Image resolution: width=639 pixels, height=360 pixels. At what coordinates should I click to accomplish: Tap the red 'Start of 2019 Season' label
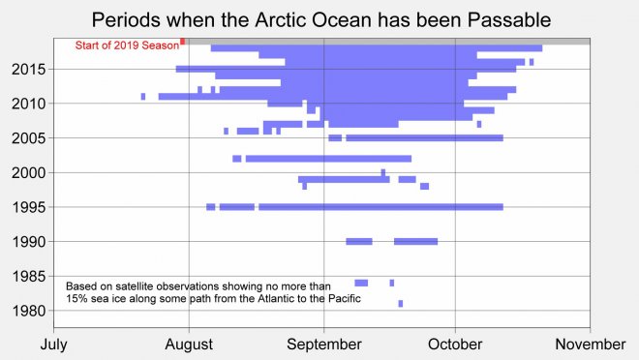(x=127, y=45)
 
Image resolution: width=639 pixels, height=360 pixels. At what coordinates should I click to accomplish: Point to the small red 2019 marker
(x=182, y=41)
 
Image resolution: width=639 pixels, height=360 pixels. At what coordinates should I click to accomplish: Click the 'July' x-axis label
(x=53, y=344)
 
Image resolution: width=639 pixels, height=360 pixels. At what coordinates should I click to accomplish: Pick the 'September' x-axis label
(x=323, y=344)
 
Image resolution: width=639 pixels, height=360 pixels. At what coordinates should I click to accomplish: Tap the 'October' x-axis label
(x=454, y=344)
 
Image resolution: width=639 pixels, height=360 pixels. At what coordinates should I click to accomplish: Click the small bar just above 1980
(x=400, y=304)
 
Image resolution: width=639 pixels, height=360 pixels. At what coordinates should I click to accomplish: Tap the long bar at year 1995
(x=380, y=207)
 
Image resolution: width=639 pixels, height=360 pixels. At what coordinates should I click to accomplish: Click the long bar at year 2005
(x=424, y=138)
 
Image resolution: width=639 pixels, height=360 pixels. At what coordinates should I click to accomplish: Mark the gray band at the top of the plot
(x=387, y=41)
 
